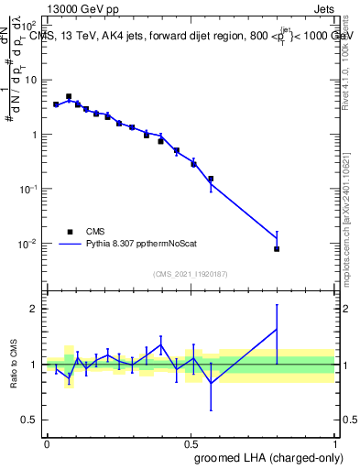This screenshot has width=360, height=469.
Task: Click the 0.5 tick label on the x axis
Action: [191, 442]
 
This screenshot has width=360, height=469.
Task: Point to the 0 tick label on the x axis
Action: [47, 442]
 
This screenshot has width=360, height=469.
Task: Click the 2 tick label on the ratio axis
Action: [34, 309]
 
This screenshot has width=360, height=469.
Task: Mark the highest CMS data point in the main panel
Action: [69, 96]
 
